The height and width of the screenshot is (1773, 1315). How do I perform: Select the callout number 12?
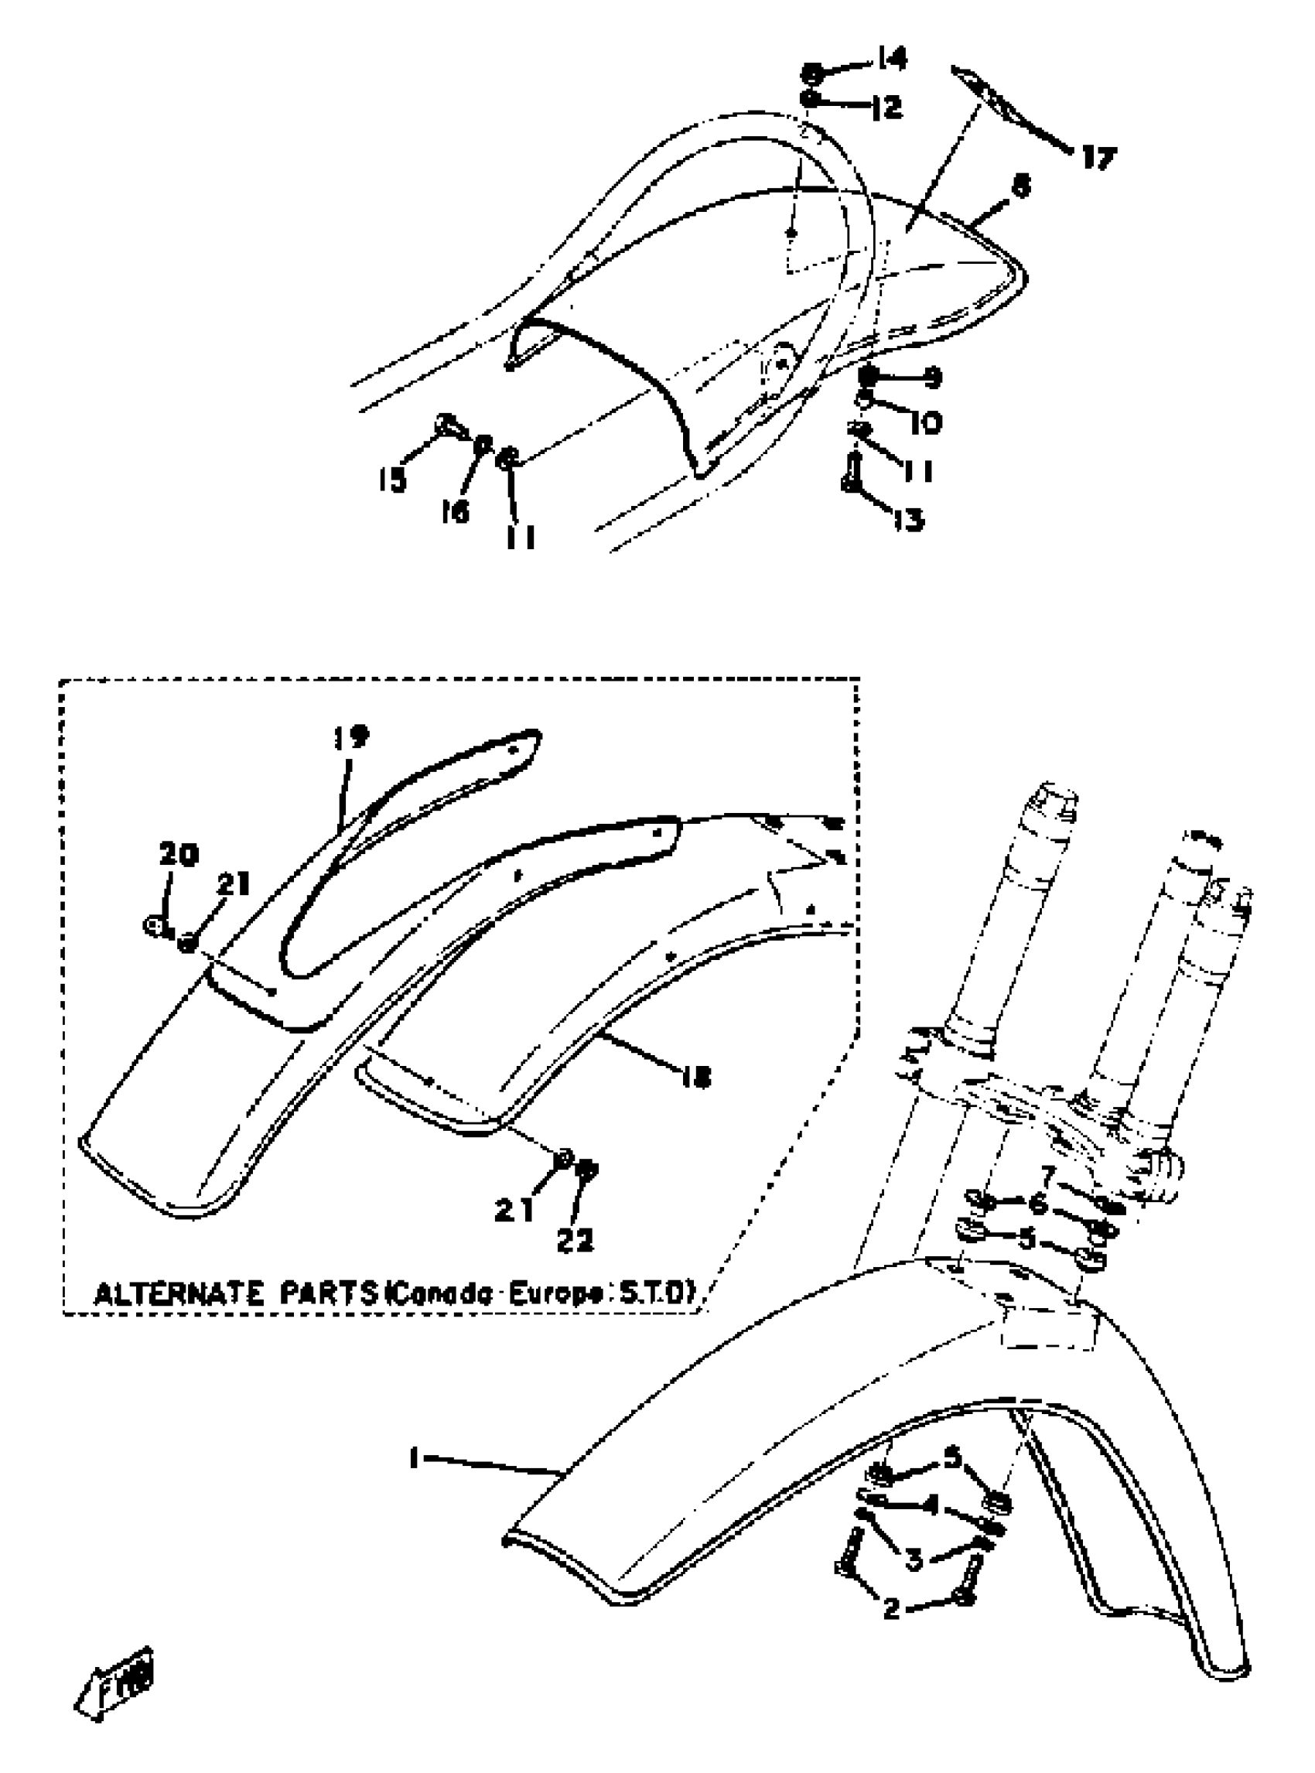point(886,107)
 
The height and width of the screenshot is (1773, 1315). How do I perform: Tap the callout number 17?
point(1098,159)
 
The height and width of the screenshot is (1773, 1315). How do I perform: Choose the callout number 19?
point(351,737)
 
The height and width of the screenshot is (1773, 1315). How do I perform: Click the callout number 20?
point(179,854)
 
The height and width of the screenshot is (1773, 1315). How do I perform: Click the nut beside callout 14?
point(813,74)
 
